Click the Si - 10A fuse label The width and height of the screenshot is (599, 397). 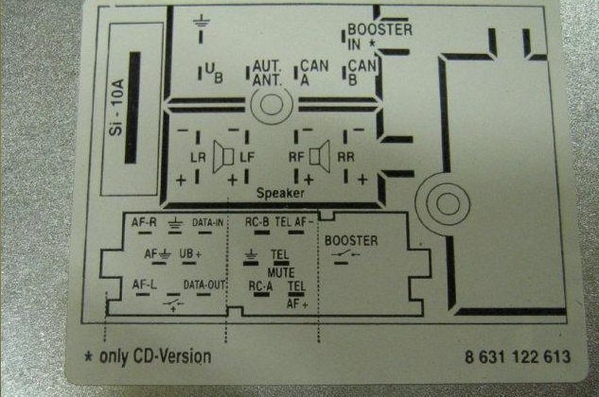[116, 108]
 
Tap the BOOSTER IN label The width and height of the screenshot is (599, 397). [379, 37]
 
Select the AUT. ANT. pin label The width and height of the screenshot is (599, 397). [268, 73]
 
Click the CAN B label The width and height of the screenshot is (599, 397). [362, 73]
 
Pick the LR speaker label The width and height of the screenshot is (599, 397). [198, 157]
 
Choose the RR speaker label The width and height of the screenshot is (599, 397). [345, 157]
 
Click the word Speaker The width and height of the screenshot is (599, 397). [280, 193]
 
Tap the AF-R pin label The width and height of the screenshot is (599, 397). [144, 222]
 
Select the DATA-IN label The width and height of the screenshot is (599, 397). [207, 222]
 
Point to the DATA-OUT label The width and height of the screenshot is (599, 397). [203, 285]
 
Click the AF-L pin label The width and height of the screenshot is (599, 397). [145, 285]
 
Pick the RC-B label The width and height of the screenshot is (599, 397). [257, 222]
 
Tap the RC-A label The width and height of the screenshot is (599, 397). [260, 286]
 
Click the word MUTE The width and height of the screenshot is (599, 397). [281, 272]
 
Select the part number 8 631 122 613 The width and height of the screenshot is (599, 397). [518, 357]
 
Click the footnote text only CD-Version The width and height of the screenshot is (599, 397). [155, 357]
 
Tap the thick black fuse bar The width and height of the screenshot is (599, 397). [132, 108]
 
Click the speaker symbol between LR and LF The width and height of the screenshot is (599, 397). [223, 157]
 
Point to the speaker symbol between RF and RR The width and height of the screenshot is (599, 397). [320, 157]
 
